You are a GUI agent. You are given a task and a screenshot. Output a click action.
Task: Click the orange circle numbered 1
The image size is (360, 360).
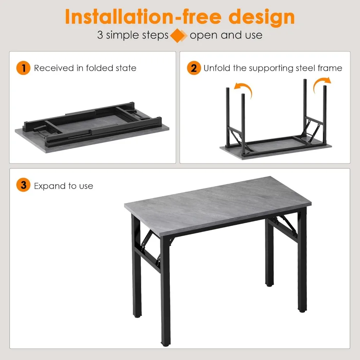pyautogui.click(x=23, y=68)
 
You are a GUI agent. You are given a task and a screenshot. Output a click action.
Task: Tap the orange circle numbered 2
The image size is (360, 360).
pyautogui.click(x=194, y=68)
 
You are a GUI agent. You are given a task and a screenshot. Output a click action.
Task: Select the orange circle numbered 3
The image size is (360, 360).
pyautogui.click(x=23, y=186)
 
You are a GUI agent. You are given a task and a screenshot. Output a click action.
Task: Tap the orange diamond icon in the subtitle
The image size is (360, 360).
pyautogui.click(x=179, y=35)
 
